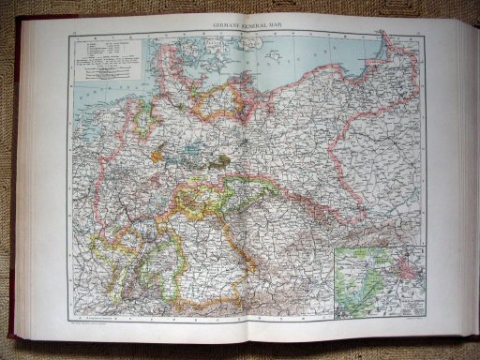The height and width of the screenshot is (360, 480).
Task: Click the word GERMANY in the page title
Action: click(x=214, y=28)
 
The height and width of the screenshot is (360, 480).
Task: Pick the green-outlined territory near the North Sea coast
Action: click(x=145, y=117)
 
